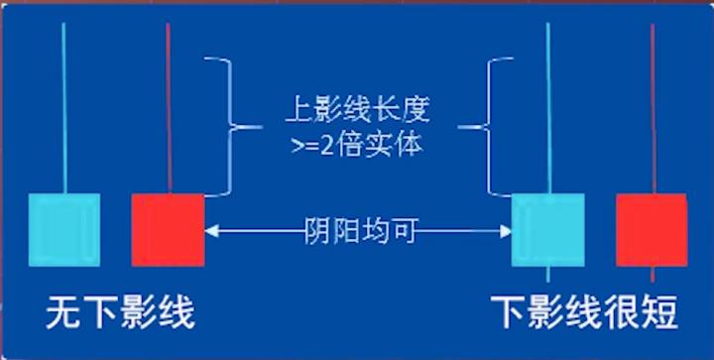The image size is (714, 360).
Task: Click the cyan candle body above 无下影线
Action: tap(64, 229)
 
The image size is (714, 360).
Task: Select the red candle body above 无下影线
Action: tap(168, 229)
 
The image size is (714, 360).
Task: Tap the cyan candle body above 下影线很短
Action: tap(547, 229)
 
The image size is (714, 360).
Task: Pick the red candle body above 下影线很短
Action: tap(652, 229)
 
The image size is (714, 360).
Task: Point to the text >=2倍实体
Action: tap(357, 145)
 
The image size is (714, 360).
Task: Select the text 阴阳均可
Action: tap(358, 232)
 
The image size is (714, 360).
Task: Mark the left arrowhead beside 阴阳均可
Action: tap(211, 231)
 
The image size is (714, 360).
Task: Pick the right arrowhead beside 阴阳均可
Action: tap(505, 231)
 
